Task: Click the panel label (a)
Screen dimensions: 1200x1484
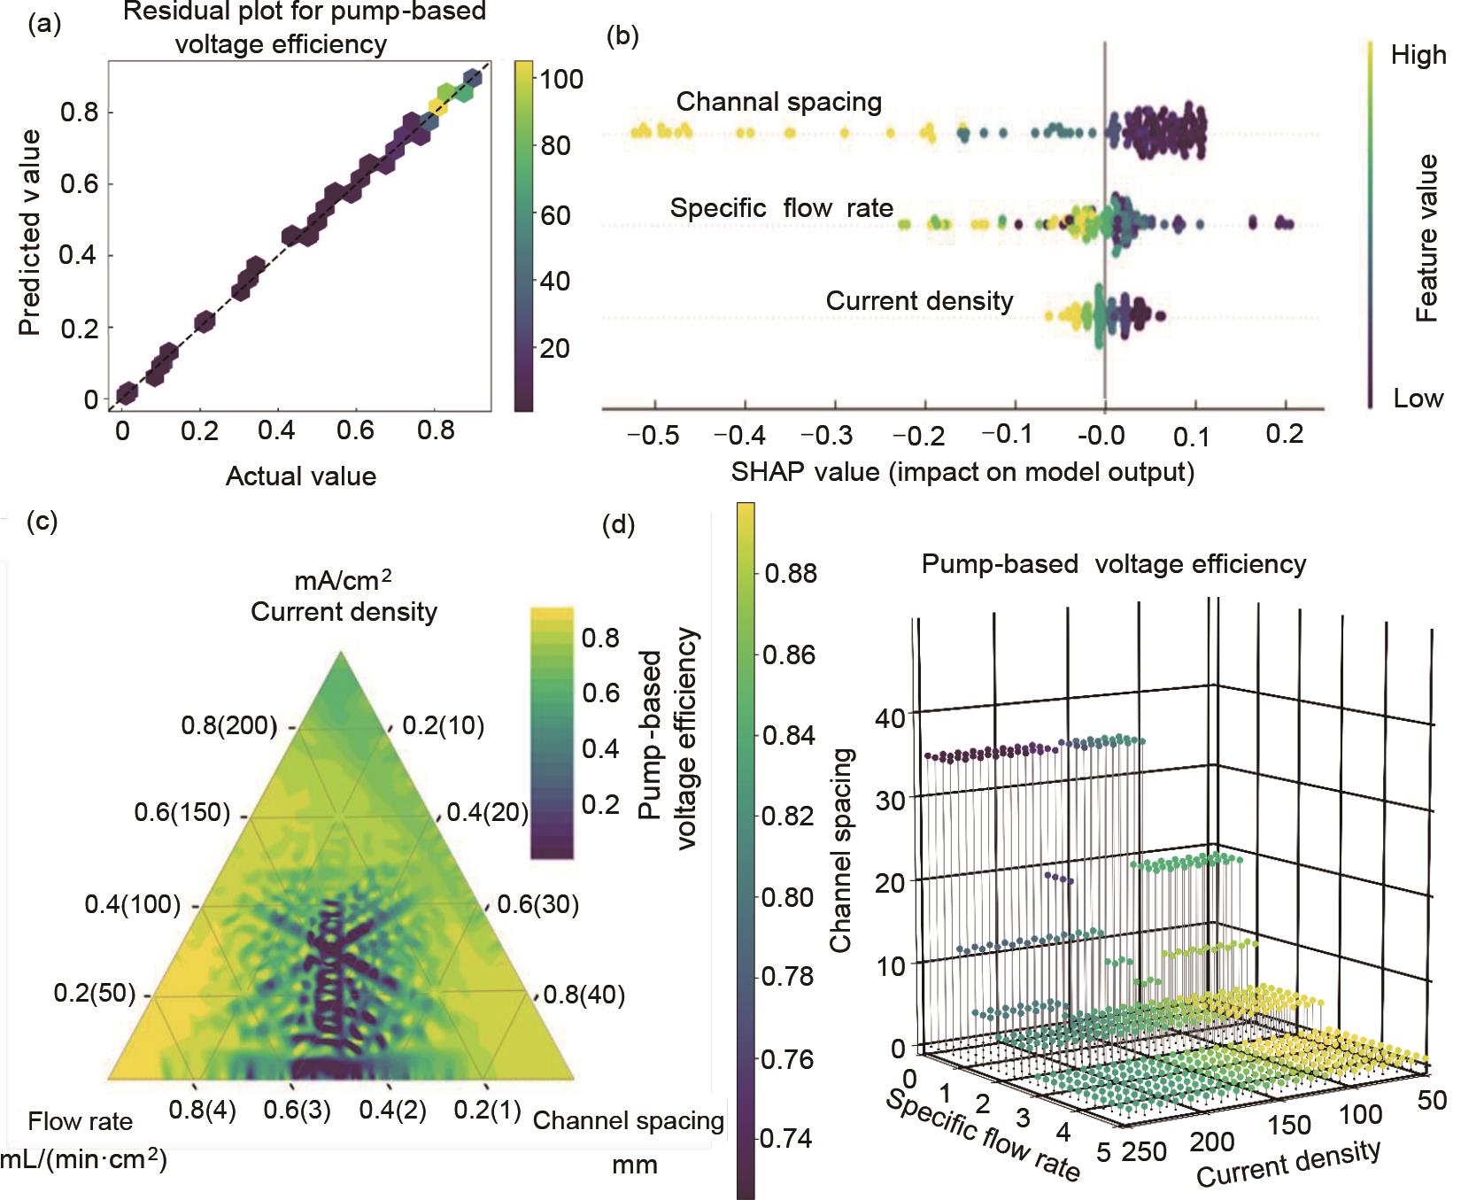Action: pos(44,24)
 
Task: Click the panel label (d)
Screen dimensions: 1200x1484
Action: pos(618,525)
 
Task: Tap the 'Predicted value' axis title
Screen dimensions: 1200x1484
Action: pos(31,232)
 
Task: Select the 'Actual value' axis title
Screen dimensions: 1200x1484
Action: pos(301,476)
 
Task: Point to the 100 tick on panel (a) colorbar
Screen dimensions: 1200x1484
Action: pos(561,79)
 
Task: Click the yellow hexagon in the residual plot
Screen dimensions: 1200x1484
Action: pos(437,106)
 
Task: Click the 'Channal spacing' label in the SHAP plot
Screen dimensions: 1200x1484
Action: pos(779,102)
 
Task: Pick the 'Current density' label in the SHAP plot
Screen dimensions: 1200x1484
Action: pos(919,301)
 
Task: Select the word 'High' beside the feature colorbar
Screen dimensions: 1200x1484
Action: pos(1418,55)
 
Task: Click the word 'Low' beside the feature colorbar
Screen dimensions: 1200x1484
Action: pos(1418,399)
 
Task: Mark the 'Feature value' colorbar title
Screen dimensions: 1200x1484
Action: pos(1426,237)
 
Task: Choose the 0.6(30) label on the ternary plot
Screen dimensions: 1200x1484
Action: pos(537,904)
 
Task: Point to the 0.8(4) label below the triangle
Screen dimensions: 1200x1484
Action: pos(204,1111)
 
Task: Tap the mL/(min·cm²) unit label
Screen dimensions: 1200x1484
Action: pos(84,1159)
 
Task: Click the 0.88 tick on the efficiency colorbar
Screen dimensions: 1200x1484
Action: pos(791,573)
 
